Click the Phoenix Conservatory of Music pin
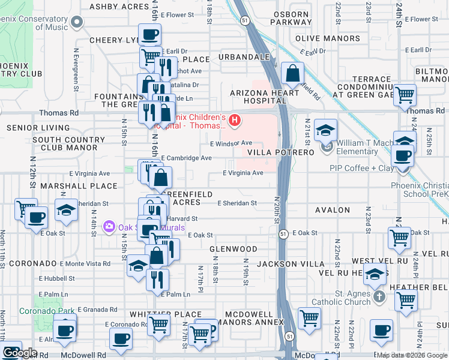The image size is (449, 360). click(x=76, y=23)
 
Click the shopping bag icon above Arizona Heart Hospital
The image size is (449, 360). click(x=292, y=74)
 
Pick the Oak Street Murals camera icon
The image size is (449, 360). click(x=109, y=227)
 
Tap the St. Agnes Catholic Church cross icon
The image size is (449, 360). click(x=378, y=297)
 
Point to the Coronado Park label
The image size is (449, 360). click(x=47, y=311)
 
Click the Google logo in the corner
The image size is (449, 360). click(x=20, y=353)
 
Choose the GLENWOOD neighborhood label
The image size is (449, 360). click(x=234, y=248)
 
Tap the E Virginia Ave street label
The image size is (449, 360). click(x=243, y=173)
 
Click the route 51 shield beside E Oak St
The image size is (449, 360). click(x=283, y=233)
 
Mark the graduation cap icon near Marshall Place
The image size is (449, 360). click(x=66, y=210)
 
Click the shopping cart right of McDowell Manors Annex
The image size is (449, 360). click(x=310, y=318)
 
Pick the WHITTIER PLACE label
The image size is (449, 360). click(x=166, y=314)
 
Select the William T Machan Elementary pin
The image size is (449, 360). click(x=327, y=147)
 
